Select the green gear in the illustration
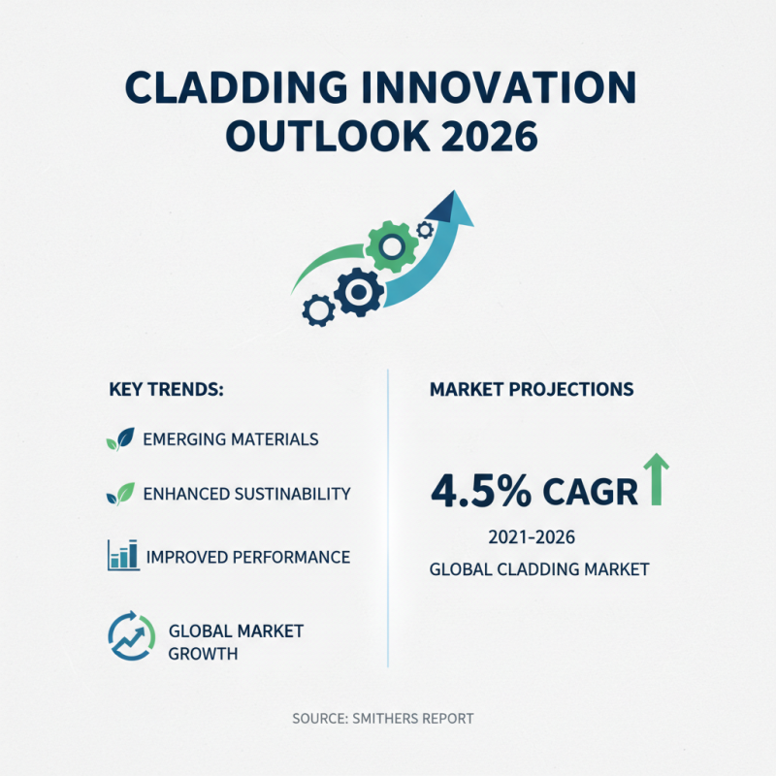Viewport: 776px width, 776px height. [x=391, y=246]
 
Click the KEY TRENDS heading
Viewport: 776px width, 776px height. [x=167, y=390]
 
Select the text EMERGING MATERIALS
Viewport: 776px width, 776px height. [x=230, y=439]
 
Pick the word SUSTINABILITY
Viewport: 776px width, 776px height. [x=292, y=494]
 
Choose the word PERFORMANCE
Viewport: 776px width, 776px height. [x=295, y=557]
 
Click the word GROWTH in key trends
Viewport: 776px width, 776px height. [x=203, y=654]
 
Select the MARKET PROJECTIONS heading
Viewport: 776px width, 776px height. [x=531, y=390]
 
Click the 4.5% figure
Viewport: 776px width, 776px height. [x=480, y=491]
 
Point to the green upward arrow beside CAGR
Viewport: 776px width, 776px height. [x=658, y=479]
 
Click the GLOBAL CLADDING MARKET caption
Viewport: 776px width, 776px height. [x=538, y=569]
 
